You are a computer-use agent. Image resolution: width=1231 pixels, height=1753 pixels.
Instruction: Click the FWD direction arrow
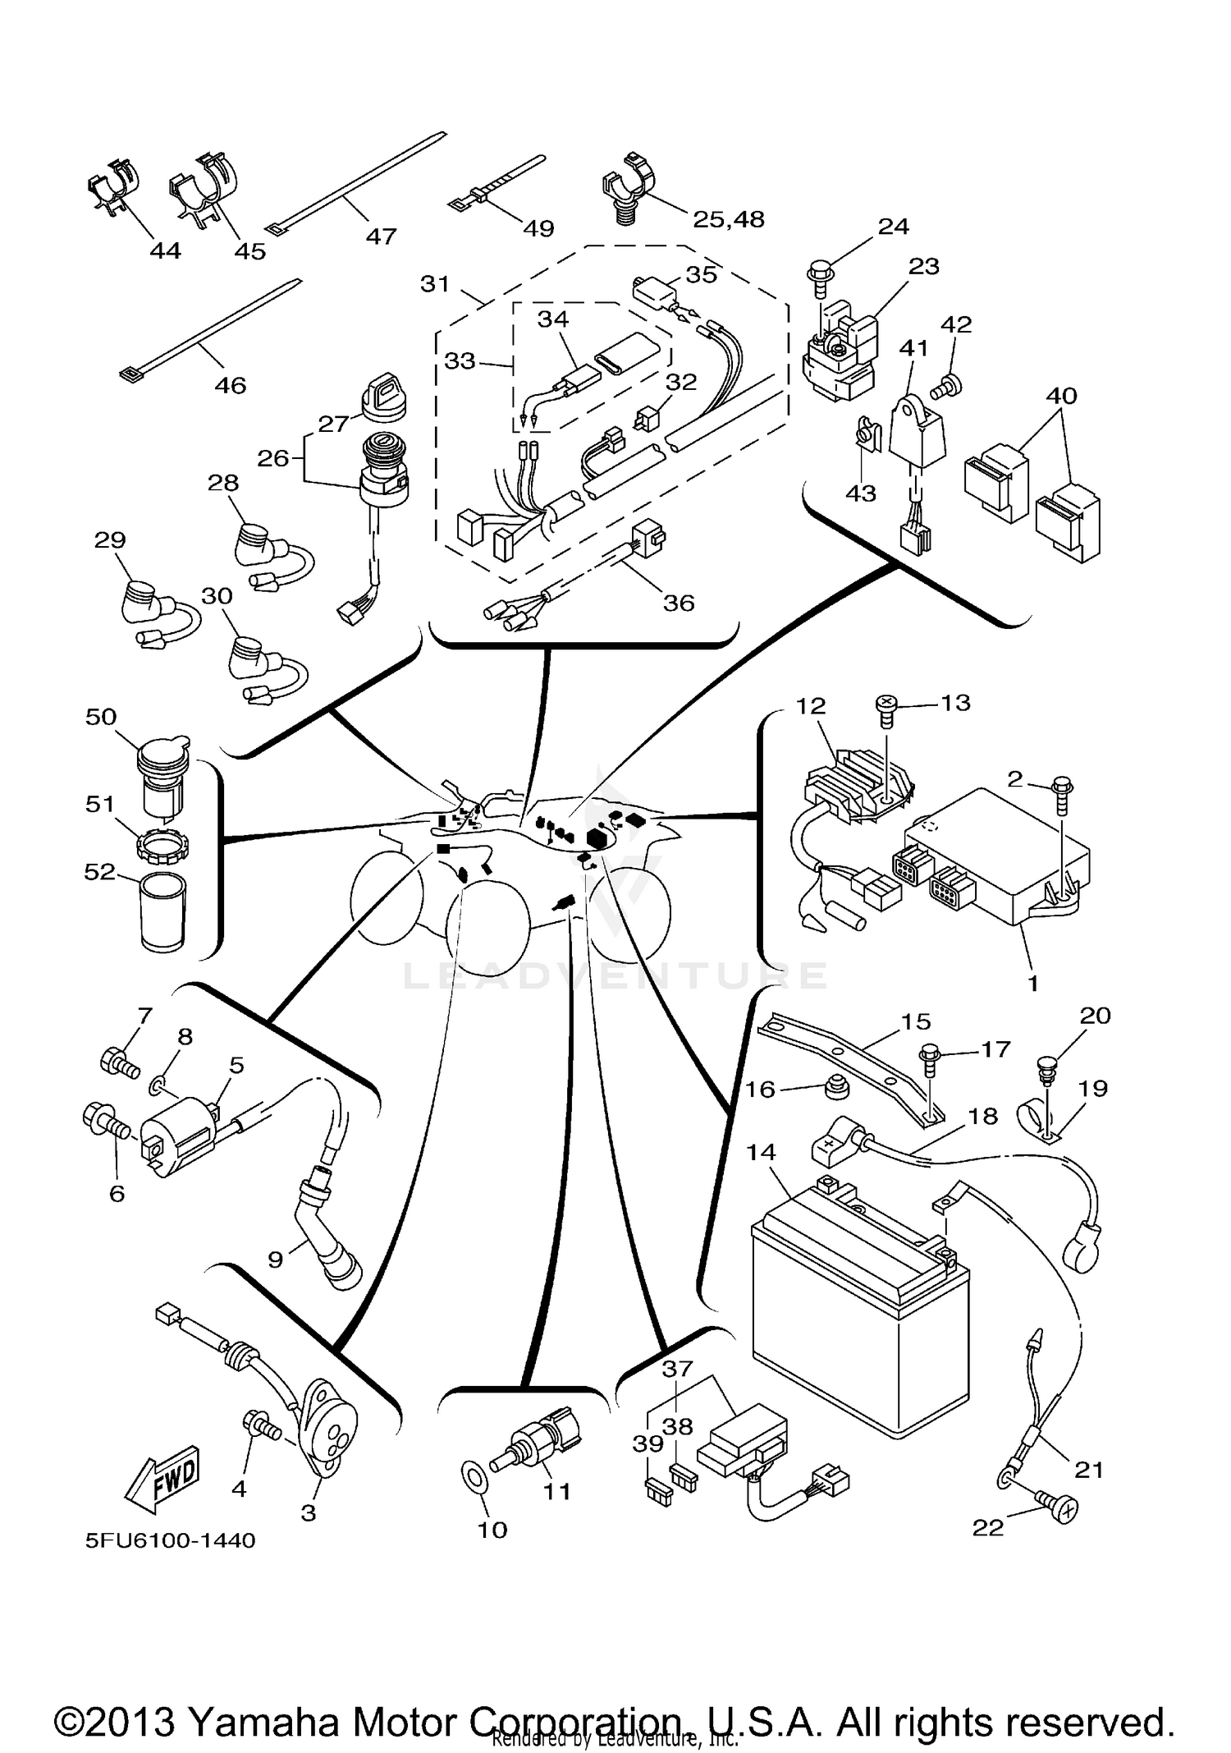tap(162, 1478)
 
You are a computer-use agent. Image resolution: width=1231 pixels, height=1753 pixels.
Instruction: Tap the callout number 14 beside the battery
tap(761, 1152)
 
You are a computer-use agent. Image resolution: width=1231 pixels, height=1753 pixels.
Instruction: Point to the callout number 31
tap(435, 284)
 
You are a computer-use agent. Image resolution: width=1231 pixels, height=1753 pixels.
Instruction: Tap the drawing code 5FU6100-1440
tap(171, 1540)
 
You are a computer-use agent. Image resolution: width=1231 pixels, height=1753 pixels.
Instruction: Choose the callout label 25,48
tap(728, 219)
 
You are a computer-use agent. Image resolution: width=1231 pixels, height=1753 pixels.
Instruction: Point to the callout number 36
tap(679, 603)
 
